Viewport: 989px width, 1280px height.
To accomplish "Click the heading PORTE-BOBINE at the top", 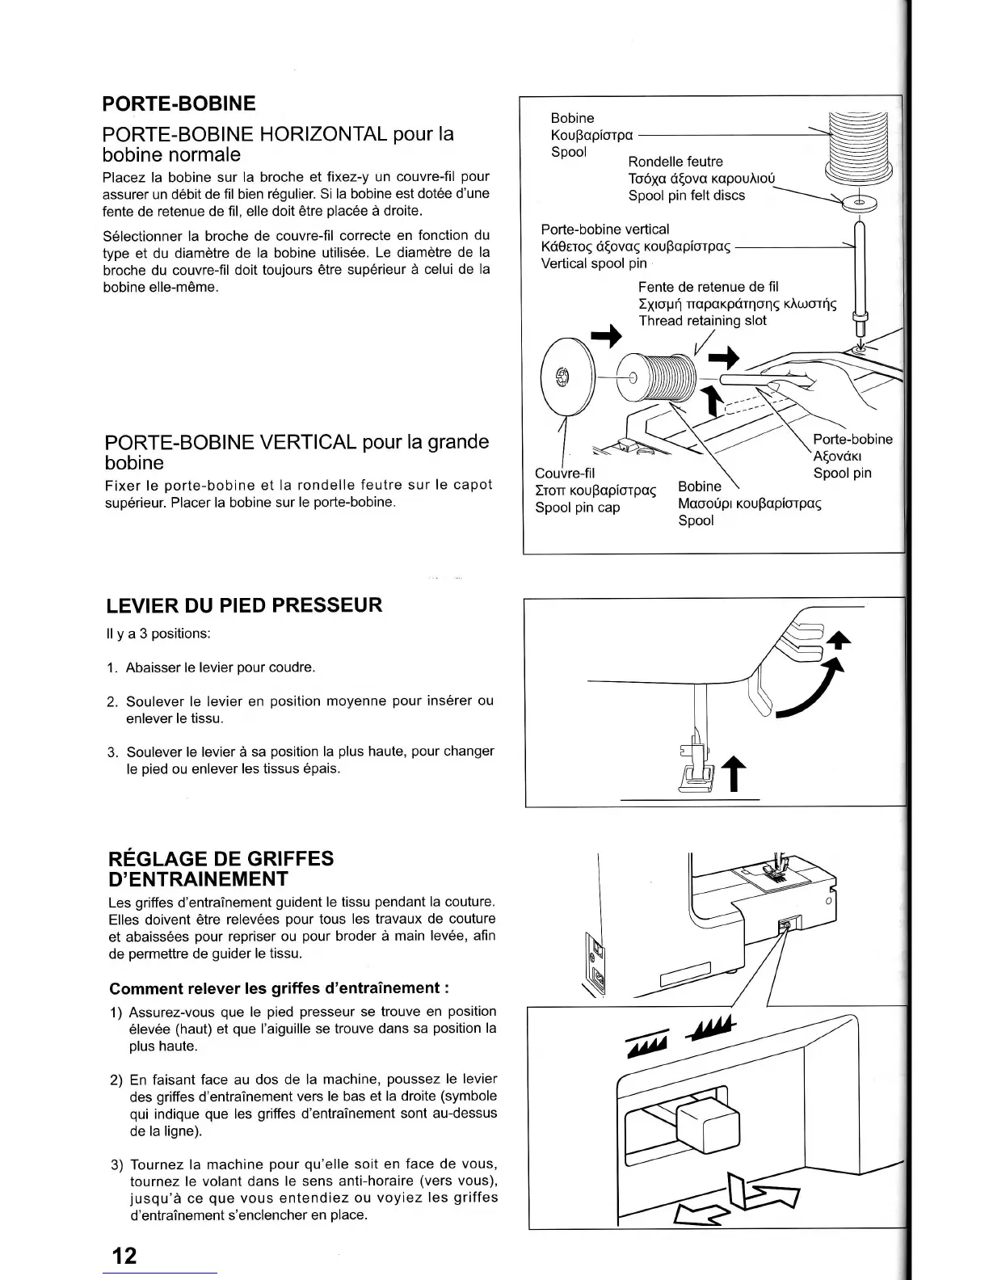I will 179,103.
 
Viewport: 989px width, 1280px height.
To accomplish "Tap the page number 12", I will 124,1256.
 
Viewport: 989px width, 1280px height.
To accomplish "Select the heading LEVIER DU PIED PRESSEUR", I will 244,605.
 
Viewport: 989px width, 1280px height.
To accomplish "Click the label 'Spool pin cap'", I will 577,507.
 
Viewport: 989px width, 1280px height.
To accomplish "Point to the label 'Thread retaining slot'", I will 702,321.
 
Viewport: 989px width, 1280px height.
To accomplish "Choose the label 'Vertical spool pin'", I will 594,263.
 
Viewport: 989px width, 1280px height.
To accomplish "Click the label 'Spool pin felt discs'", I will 687,196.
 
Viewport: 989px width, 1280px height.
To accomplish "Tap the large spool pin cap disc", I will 564,377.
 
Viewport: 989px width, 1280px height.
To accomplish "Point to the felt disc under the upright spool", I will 859,203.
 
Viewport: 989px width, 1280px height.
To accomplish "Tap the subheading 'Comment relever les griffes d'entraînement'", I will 279,988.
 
